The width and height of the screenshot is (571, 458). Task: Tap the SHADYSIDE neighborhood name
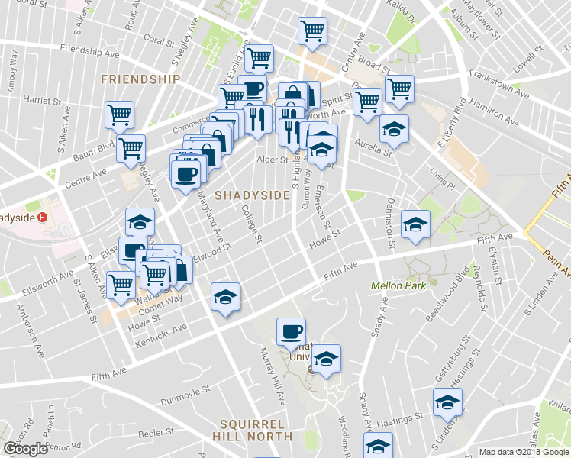point(252,195)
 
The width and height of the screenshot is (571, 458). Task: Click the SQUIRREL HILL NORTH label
point(255,430)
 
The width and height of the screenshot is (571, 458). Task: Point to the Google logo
point(26,448)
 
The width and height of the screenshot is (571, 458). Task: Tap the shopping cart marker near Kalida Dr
point(398,88)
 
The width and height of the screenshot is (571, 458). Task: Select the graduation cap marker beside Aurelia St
point(394,128)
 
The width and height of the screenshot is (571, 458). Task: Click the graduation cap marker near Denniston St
point(415,224)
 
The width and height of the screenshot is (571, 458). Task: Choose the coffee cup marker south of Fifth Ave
point(290,331)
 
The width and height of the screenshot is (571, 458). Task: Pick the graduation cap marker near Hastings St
point(447,402)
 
